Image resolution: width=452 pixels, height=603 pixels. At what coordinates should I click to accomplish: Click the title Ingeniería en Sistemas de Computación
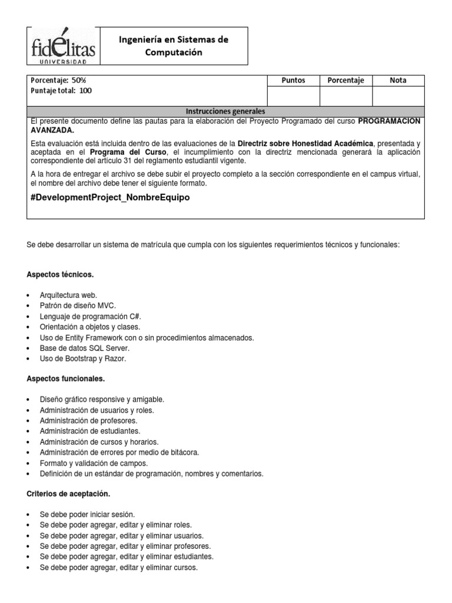tap(174, 46)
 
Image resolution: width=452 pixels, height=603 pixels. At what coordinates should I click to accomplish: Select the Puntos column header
tap(293, 80)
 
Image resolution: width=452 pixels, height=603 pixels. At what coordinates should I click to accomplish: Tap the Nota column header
tap(398, 80)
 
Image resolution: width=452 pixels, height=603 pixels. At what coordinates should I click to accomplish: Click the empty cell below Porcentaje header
tap(345, 95)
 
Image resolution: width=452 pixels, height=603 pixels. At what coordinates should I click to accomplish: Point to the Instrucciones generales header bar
tap(225, 111)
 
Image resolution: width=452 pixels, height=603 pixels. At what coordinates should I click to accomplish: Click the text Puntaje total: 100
tap(61, 91)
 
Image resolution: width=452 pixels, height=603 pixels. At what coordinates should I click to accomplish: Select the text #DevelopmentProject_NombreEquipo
tap(110, 198)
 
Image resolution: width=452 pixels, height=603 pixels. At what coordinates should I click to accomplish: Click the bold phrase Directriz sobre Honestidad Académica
tap(305, 144)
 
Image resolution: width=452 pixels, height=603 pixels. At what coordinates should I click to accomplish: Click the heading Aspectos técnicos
tap(60, 274)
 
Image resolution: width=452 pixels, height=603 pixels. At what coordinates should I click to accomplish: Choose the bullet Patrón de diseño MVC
tap(78, 306)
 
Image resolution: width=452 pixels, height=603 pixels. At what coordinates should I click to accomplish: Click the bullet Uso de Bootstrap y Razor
tap(83, 359)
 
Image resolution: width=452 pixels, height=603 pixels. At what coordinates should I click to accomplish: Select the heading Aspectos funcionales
tap(66, 379)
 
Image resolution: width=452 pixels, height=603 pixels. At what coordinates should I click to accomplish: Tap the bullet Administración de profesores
tap(88, 420)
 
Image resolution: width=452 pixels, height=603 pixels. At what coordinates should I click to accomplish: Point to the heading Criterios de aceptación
tap(68, 493)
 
